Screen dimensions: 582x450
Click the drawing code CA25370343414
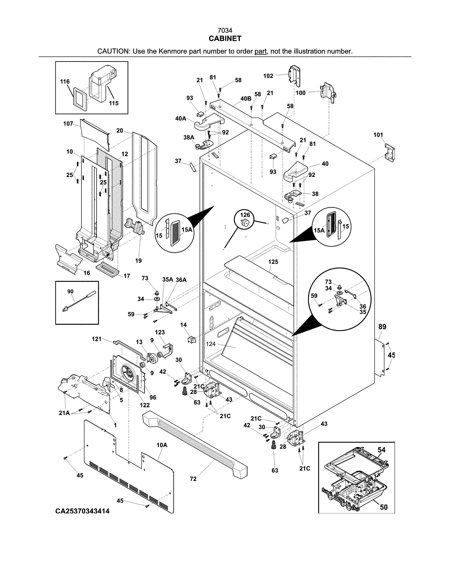[x=82, y=511]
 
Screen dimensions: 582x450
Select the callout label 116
[x=65, y=81]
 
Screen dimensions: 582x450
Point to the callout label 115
[x=114, y=103]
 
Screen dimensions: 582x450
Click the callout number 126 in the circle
[x=245, y=215]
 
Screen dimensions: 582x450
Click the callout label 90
[x=70, y=292]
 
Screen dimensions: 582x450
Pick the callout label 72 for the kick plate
[x=193, y=479]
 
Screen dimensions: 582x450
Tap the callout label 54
[x=382, y=450]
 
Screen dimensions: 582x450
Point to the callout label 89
[x=382, y=327]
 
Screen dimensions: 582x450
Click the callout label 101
[x=378, y=135]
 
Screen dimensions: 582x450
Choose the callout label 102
[x=268, y=76]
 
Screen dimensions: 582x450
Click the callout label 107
[x=68, y=124]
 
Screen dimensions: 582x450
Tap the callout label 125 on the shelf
[x=273, y=262]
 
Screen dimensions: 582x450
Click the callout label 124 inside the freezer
[x=211, y=344]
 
